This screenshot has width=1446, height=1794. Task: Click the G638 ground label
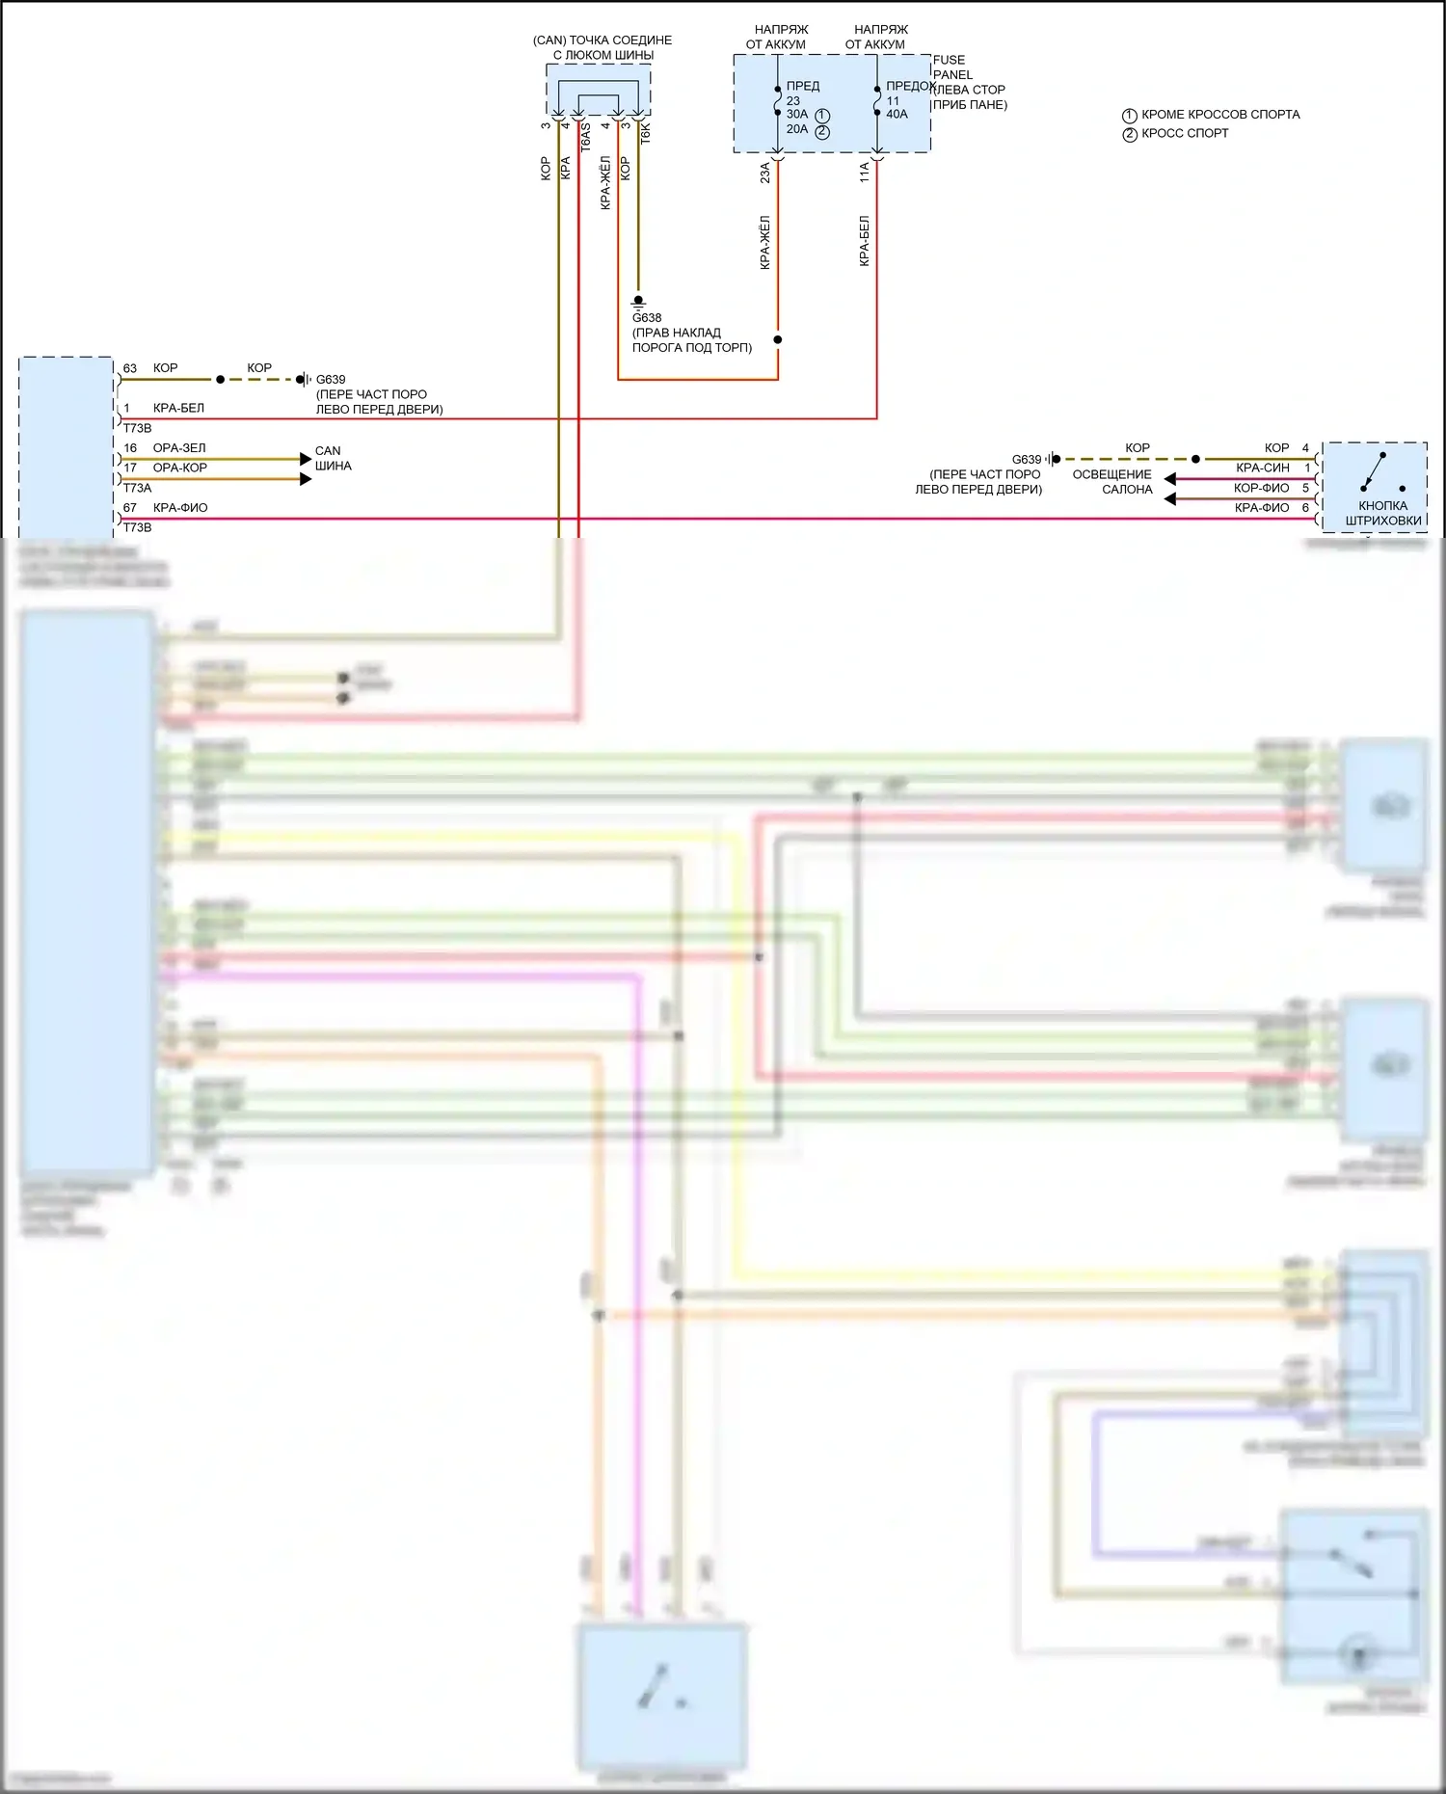[x=647, y=317]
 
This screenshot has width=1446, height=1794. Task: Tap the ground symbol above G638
[x=638, y=302]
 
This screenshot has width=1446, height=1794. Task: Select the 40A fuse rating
[x=897, y=114]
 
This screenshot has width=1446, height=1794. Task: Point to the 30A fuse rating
[x=797, y=114]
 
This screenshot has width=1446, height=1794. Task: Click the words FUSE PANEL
[x=952, y=67]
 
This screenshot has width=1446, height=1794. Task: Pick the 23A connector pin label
[x=765, y=173]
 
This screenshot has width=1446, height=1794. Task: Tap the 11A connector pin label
[x=865, y=173]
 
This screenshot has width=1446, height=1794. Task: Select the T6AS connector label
[x=585, y=137]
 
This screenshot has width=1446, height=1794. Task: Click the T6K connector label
[x=646, y=134]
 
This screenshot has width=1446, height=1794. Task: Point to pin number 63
[x=130, y=368]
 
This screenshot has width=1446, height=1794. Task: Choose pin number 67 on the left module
[x=130, y=508]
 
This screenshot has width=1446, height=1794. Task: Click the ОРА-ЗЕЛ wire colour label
[x=179, y=448]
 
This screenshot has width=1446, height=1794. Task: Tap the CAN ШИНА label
[x=333, y=458]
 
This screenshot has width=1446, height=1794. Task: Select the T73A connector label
[x=137, y=488]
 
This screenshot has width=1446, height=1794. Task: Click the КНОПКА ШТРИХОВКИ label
[x=1382, y=513]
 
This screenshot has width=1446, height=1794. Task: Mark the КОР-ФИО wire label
[x=1261, y=488]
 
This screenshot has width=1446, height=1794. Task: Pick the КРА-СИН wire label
[x=1262, y=468]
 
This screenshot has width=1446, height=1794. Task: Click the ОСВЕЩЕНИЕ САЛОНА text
[x=1113, y=481]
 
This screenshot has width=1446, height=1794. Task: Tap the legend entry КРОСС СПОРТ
[x=1185, y=133]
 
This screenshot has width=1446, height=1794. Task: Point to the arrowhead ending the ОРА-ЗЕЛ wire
[x=306, y=459]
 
